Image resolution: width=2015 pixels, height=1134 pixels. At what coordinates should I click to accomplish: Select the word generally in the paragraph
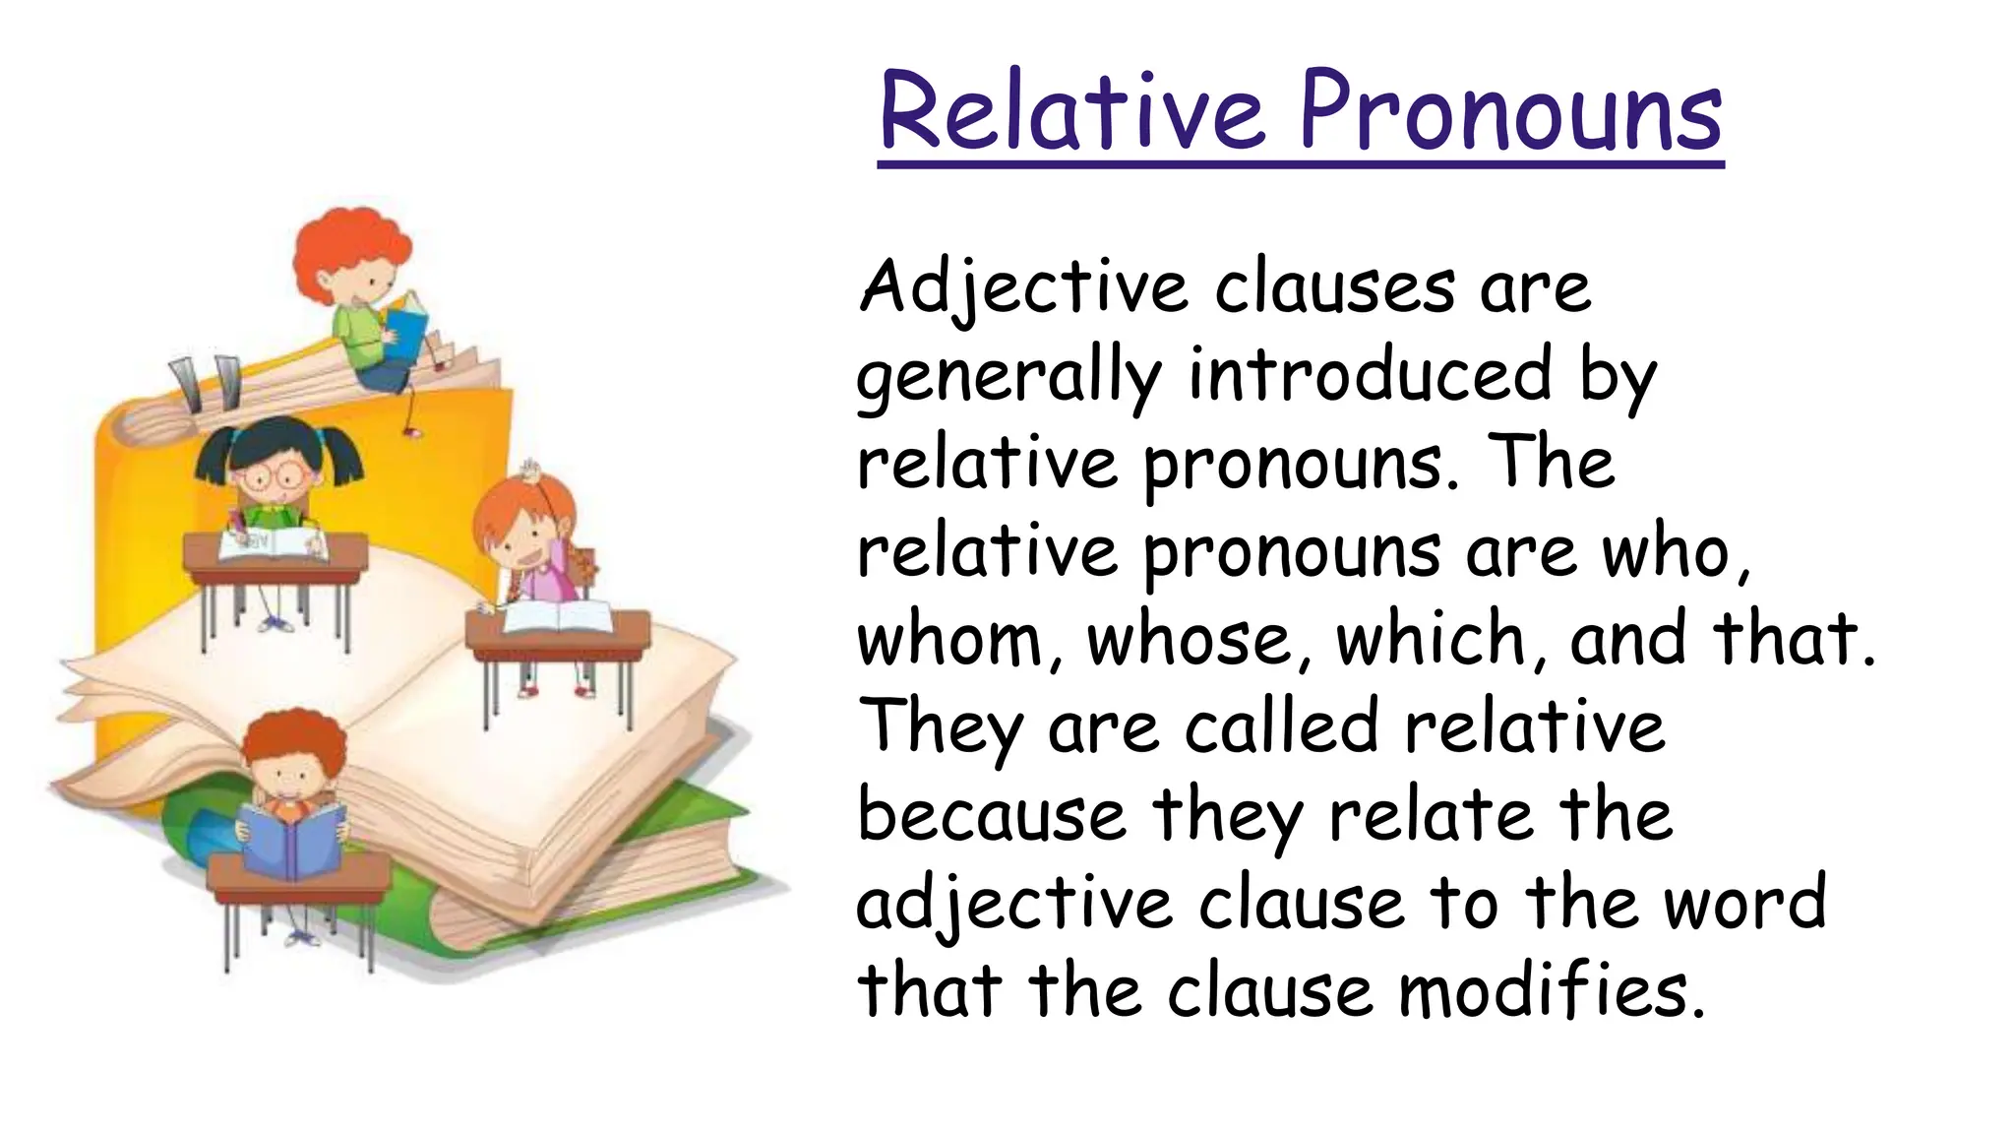(x=1009, y=378)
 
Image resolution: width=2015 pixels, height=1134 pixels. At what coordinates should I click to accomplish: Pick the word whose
(x=1198, y=639)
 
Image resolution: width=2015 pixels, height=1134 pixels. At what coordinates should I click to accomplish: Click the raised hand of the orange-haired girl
(x=532, y=471)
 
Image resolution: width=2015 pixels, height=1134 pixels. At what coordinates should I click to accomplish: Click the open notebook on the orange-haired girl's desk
(x=557, y=617)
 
